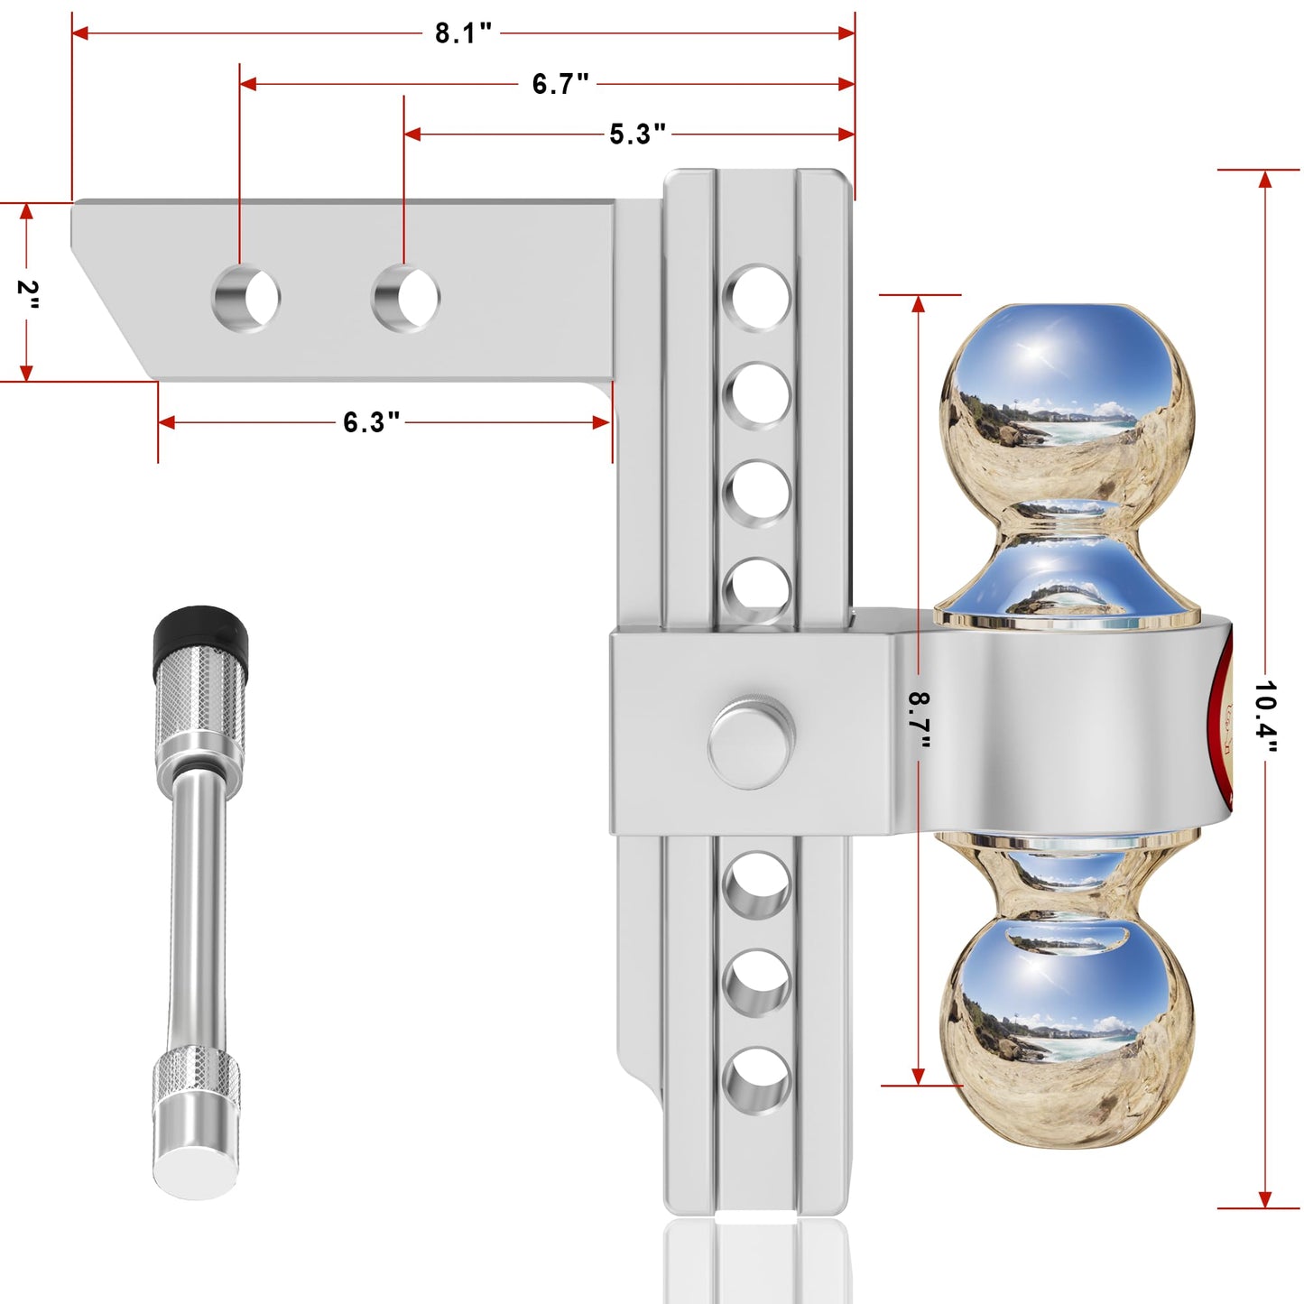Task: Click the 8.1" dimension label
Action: tap(463, 33)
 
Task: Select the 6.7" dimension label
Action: tap(560, 84)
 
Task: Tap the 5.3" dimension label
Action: tap(637, 134)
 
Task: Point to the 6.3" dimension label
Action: tap(371, 422)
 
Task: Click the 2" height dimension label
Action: tap(28, 294)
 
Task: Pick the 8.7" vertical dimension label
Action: tap(919, 719)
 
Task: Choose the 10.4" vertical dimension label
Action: tap(1265, 717)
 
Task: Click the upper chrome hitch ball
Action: tap(1068, 402)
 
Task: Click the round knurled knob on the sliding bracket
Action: tap(751, 742)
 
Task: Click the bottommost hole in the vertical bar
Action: tap(758, 1079)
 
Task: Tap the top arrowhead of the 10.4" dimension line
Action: tap(1265, 179)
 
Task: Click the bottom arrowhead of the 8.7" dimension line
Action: tap(919, 1076)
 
